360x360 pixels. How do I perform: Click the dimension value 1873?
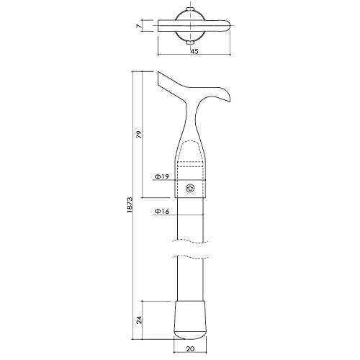coord(130,205)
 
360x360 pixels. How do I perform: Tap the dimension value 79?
coord(139,135)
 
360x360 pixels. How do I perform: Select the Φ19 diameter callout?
coord(162,177)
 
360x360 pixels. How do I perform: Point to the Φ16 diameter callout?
coord(162,212)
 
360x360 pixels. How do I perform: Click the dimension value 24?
coord(139,320)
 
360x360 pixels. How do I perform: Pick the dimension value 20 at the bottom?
coord(190,349)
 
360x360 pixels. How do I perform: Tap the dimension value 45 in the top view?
coord(194,51)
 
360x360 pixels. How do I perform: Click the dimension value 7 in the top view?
coord(138,26)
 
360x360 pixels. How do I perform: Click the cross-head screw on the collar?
coord(190,189)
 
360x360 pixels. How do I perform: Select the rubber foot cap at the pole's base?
coord(190,320)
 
